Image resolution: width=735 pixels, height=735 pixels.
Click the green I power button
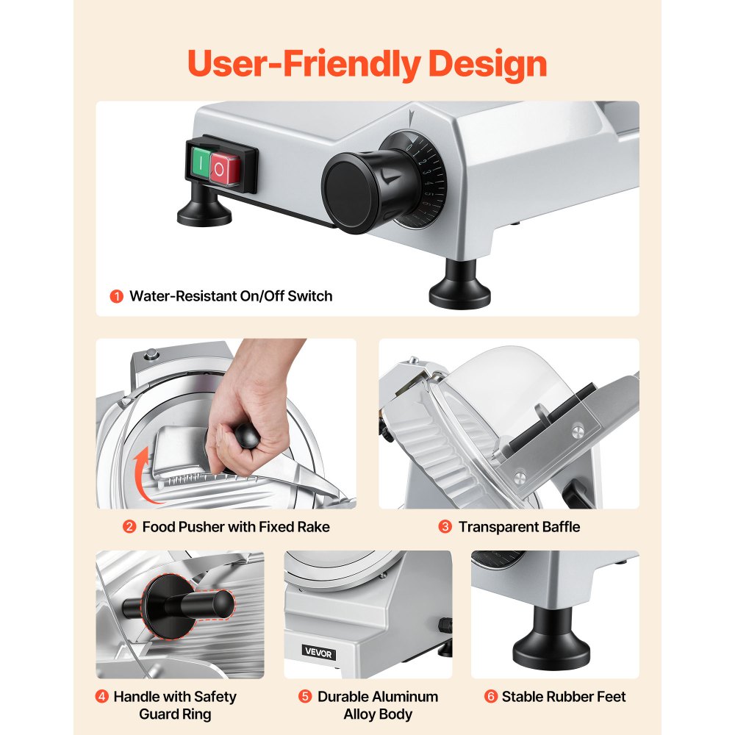tap(201, 164)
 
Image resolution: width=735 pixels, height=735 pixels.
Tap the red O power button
tap(224, 169)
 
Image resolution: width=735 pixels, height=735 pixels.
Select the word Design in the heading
tap(487, 64)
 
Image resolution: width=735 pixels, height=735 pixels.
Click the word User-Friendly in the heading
tap(304, 64)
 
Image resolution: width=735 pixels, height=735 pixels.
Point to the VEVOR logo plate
tap(318, 652)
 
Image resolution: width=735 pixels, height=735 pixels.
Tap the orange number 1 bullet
tap(116, 296)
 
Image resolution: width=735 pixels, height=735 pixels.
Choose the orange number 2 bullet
tap(129, 527)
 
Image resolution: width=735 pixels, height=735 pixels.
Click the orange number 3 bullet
tap(445, 527)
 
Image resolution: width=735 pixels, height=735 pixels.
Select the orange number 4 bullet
tap(101, 697)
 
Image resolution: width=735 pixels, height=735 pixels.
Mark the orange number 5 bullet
tap(305, 697)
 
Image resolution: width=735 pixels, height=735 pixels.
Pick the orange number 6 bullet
tap(491, 697)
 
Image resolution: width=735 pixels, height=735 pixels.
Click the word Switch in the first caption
tap(310, 296)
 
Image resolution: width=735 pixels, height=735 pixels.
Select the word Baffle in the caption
tap(561, 527)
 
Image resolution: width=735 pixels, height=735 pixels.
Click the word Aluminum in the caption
tap(403, 697)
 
